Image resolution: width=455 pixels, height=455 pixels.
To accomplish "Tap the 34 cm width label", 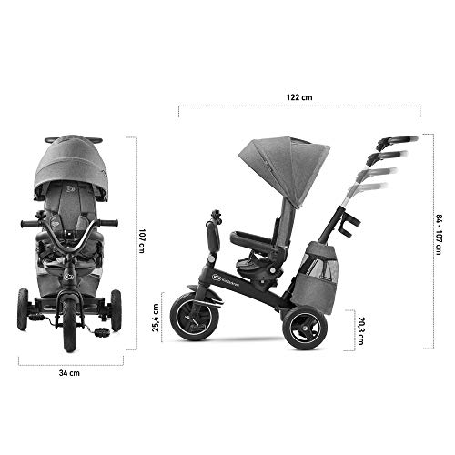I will (x=68, y=398).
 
